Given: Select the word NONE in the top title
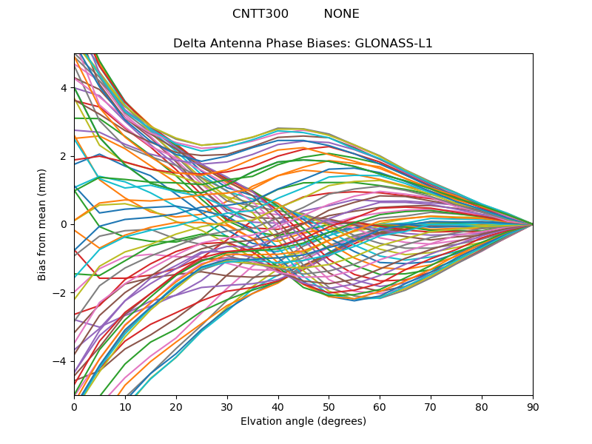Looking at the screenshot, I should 341,14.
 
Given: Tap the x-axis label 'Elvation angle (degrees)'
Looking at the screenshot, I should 303,421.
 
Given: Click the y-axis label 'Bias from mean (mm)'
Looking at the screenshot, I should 43,224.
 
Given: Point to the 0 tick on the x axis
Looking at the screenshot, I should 74,406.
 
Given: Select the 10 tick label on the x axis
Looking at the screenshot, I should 125,406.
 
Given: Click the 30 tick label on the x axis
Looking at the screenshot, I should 227,406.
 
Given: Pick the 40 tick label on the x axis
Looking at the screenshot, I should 278,406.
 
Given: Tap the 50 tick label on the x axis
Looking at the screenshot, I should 329,406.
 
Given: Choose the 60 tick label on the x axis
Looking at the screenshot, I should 380,406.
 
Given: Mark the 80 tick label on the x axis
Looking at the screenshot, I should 482,406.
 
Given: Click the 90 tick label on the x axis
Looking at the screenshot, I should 533,406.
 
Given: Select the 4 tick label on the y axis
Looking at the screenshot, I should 64,88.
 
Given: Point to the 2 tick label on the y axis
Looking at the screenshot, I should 64,156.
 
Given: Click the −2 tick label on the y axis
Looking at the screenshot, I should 61,292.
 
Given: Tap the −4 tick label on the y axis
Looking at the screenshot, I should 61,361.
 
